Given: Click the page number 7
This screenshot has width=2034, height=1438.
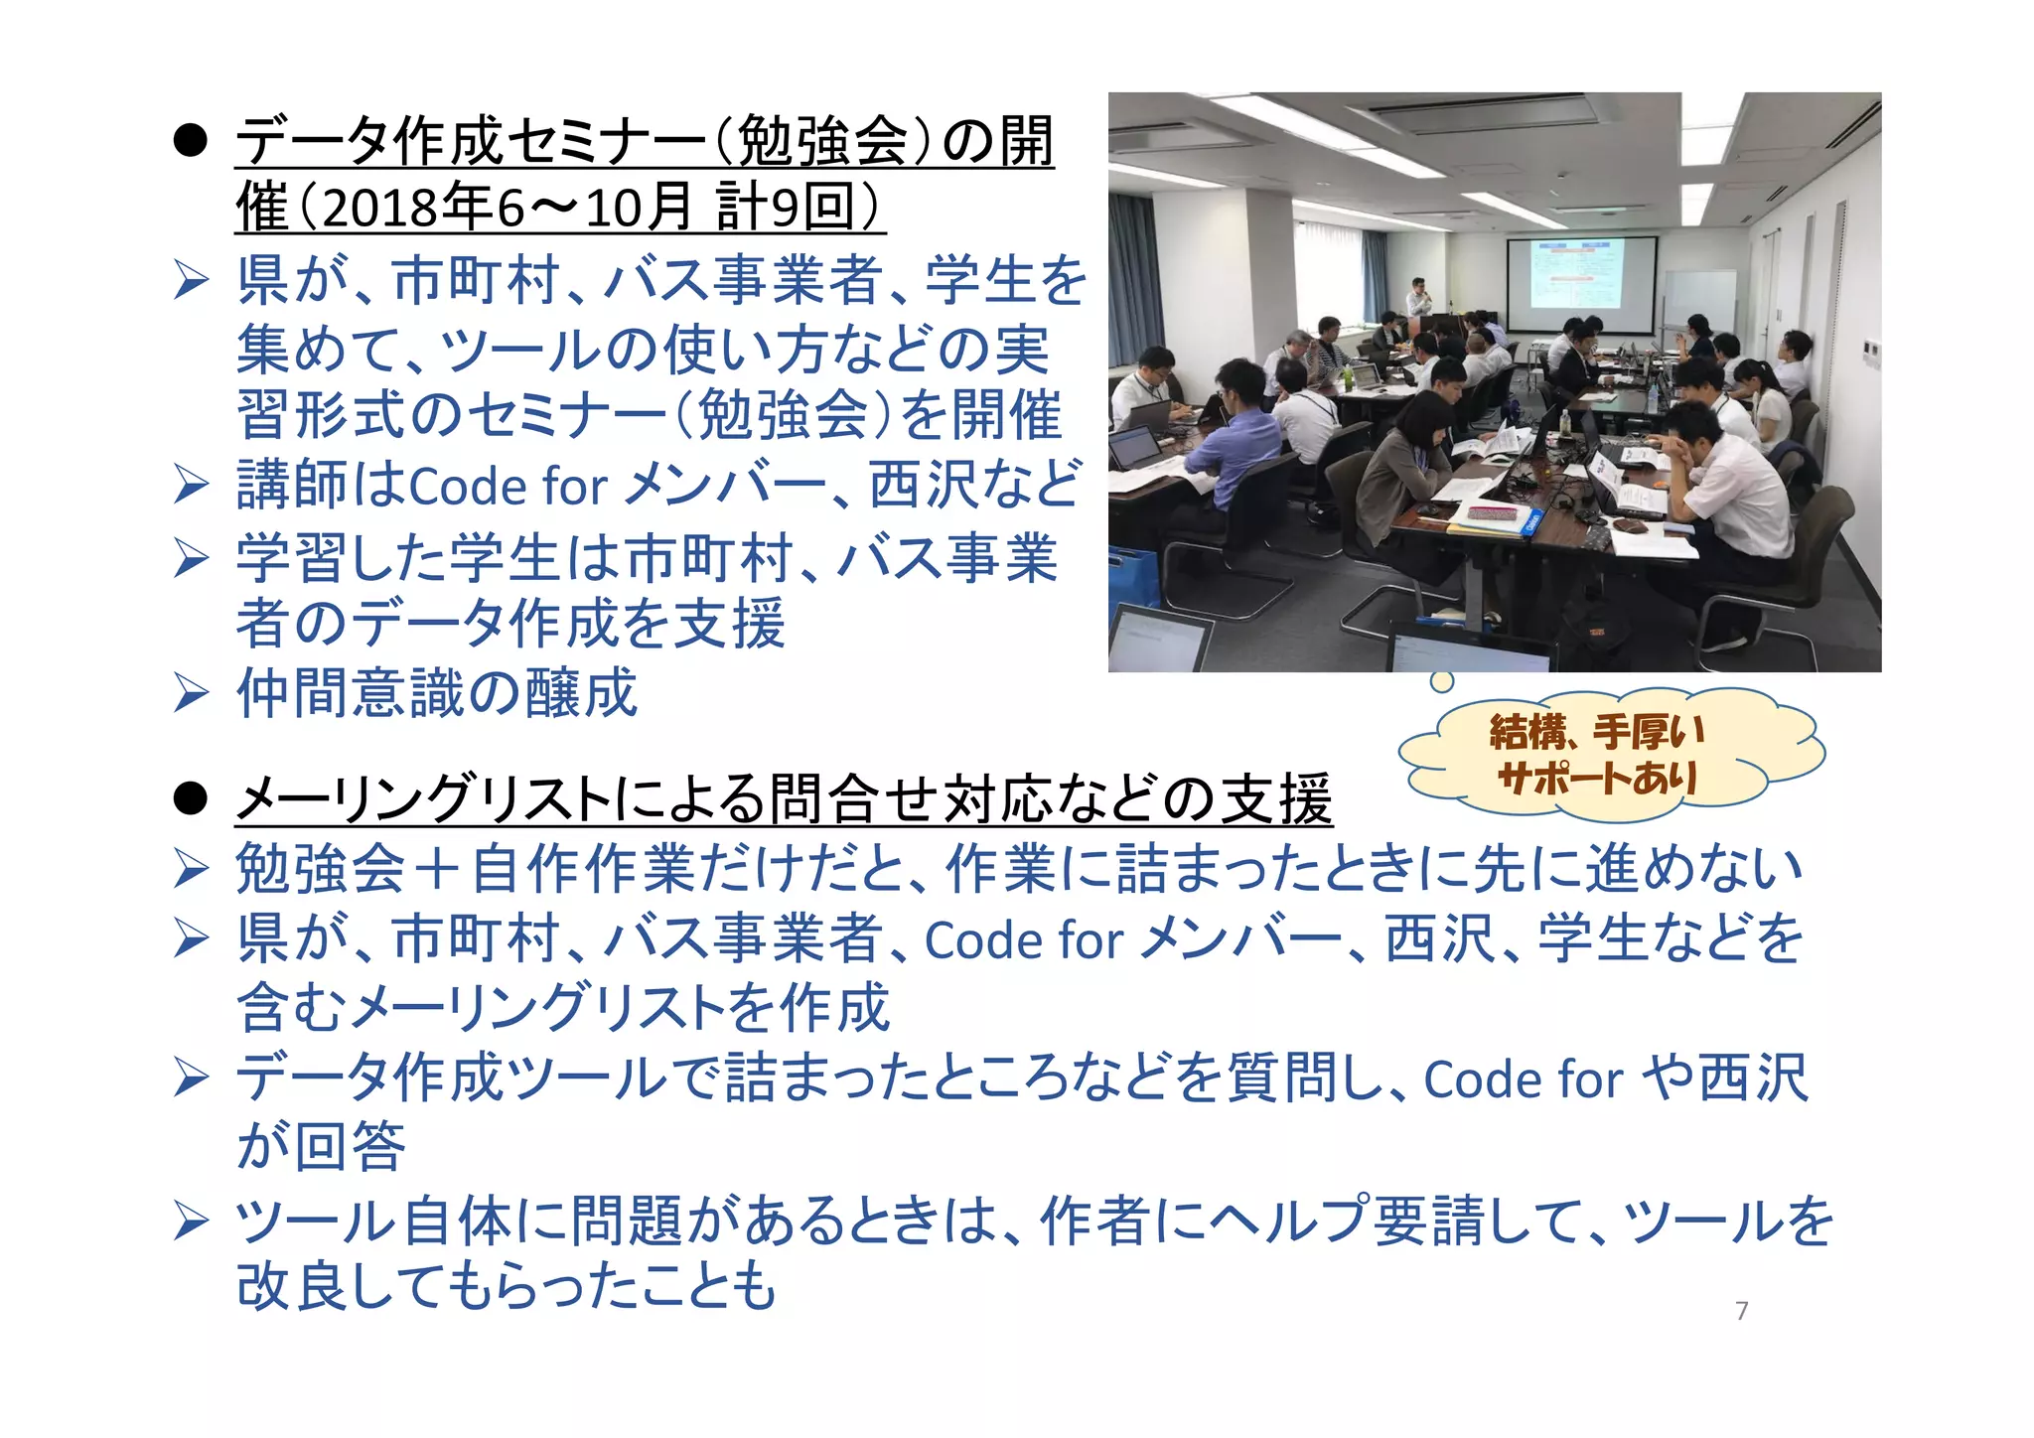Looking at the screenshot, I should click(1741, 1311).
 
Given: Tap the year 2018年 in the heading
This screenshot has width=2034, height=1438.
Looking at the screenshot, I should click(407, 209).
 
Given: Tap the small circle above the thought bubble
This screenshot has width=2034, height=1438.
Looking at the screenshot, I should click(1441, 681).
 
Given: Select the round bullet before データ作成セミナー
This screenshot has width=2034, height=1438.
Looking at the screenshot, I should click(189, 142).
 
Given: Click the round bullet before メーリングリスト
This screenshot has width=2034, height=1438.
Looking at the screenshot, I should click(189, 799).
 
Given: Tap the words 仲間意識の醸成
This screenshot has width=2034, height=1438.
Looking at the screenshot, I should click(437, 693).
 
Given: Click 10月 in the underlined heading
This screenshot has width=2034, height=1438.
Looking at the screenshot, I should click(639, 209).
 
